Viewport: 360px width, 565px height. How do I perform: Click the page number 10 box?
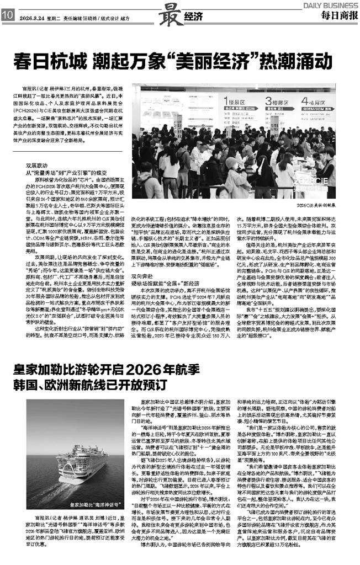(6, 17)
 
